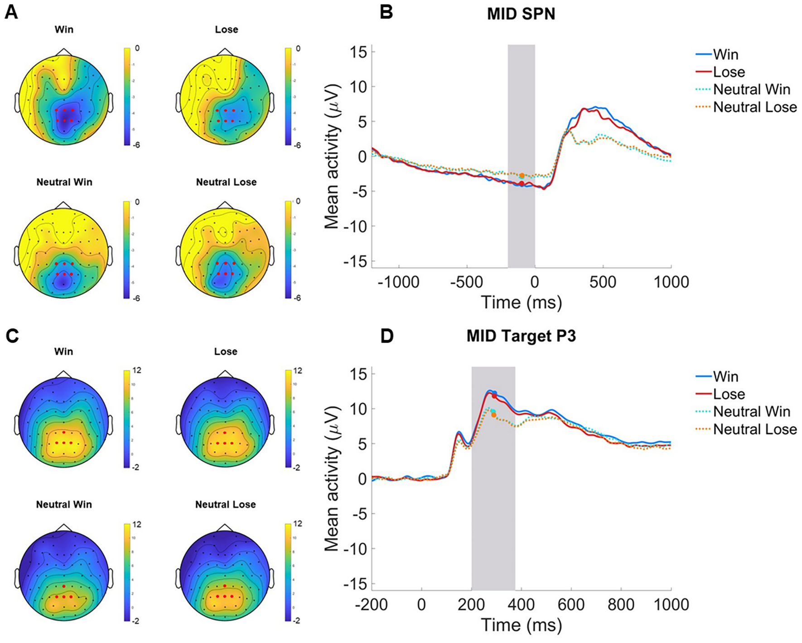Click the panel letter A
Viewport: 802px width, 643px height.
coord(11,12)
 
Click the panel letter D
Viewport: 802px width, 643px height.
coord(387,336)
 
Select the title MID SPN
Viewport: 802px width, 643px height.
coord(521,14)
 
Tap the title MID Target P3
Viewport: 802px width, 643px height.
coord(521,336)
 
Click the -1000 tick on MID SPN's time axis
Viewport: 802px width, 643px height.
coord(399,282)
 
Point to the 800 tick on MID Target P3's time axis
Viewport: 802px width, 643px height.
coord(621,604)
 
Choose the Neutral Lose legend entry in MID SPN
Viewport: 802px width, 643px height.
coord(754,107)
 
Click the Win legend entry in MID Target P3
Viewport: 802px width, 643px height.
coord(725,377)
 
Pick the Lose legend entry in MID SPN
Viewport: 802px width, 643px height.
coord(729,72)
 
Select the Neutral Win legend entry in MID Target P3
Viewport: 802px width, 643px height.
coord(751,411)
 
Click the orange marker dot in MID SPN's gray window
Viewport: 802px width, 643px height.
coord(522,175)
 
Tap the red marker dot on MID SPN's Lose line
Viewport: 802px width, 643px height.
coord(522,184)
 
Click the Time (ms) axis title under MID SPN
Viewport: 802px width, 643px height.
coord(521,302)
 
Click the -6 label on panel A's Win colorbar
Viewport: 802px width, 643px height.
coord(135,145)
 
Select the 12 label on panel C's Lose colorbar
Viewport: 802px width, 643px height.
coord(298,371)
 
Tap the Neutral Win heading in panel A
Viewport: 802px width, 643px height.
coord(64,182)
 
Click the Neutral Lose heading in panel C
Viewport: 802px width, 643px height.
coord(225,504)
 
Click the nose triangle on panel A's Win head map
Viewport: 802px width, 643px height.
coord(64,52)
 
